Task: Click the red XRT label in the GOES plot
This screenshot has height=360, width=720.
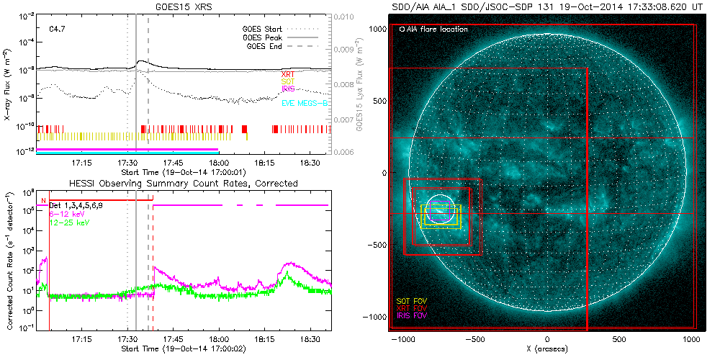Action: pyautogui.click(x=287, y=73)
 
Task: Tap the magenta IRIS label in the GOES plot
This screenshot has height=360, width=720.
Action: pyautogui.click(x=289, y=88)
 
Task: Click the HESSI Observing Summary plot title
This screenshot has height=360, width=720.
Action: pyautogui.click(x=183, y=184)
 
